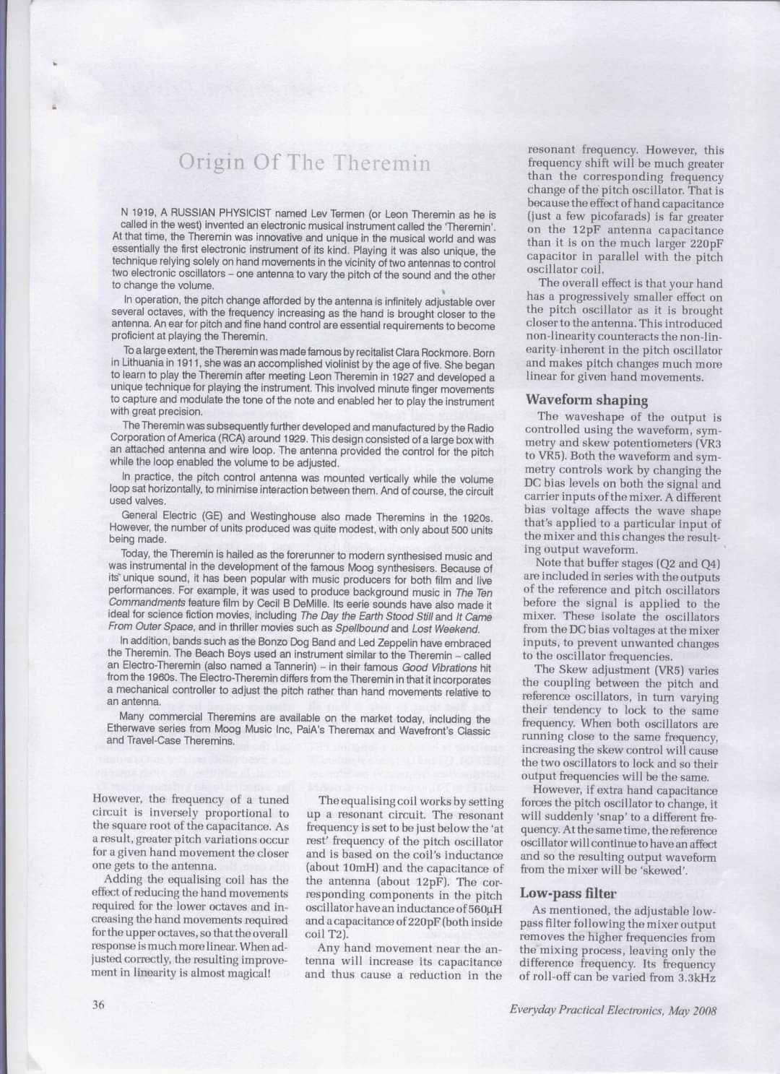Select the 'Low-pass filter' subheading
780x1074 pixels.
(568, 893)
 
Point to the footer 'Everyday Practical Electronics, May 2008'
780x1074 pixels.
(612, 1010)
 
